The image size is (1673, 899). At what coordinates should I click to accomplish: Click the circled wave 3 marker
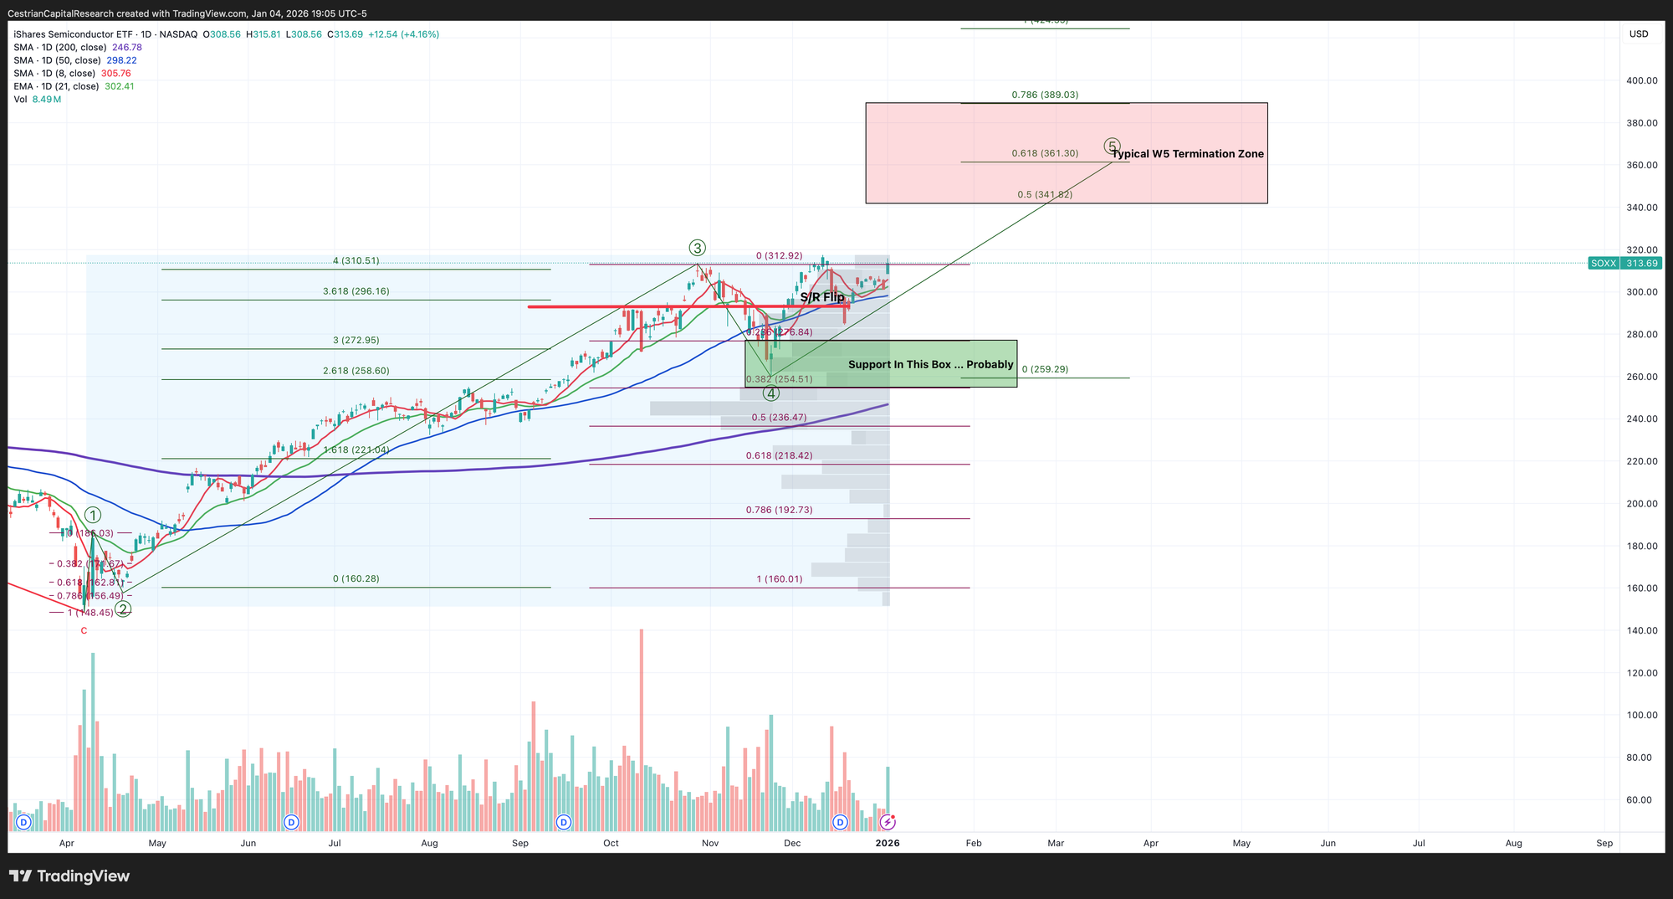coord(697,248)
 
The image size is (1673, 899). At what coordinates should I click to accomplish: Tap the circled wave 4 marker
coord(771,393)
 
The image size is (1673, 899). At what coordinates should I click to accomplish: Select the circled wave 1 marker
coord(93,516)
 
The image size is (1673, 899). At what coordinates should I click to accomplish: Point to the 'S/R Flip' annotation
coord(821,297)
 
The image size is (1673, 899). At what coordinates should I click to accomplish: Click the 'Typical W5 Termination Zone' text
coord(1187,154)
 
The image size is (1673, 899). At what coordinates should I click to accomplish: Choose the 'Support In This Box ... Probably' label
coord(930,365)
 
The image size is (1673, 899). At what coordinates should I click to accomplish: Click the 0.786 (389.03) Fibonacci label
coord(1044,95)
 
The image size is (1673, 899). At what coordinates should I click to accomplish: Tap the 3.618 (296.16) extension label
coord(356,292)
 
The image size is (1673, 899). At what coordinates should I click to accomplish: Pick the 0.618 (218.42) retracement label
coord(779,456)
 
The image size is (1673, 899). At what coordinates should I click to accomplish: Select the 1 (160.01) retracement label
coord(779,579)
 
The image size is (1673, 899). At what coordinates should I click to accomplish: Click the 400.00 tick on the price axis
coord(1641,81)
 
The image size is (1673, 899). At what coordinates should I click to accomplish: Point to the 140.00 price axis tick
coord(1641,631)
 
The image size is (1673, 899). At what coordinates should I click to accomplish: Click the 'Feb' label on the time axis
coord(974,844)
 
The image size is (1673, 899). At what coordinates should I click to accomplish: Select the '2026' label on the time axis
coord(888,844)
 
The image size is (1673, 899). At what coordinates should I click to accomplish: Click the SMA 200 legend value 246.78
coord(127,48)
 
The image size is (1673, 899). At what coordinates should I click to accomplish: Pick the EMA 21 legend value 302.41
coord(120,87)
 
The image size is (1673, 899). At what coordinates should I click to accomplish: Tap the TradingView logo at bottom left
coord(70,876)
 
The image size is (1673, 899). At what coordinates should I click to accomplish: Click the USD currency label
coord(1639,34)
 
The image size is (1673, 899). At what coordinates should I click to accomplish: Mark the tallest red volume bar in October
coord(642,728)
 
